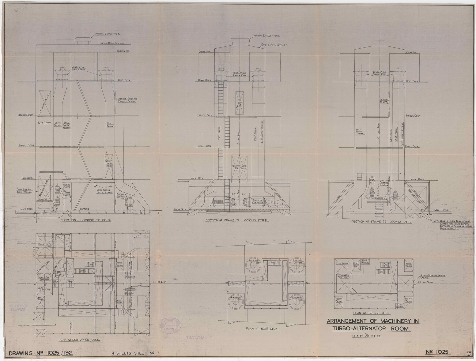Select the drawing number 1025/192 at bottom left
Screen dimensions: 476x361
pos(41,353)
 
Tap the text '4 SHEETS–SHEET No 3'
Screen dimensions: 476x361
pos(136,353)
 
